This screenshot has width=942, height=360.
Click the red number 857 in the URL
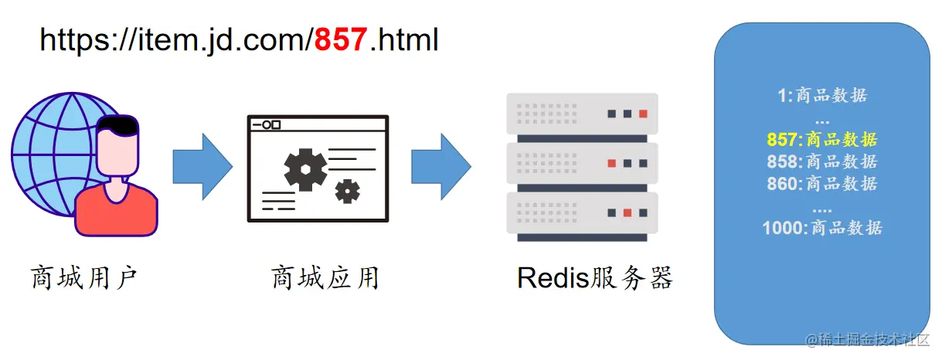pyautogui.click(x=341, y=39)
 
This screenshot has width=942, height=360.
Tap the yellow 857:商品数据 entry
pyautogui.click(x=821, y=140)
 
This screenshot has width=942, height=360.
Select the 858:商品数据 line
pyautogui.click(x=821, y=161)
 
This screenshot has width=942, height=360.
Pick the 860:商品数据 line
pyautogui.click(x=821, y=184)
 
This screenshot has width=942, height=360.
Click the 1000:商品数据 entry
pyautogui.click(x=821, y=228)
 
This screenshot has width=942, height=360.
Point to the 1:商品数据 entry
pyautogui.click(x=821, y=96)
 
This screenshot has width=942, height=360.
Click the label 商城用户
pyautogui.click(x=84, y=277)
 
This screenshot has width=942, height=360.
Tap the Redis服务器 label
pyautogui.click(x=594, y=277)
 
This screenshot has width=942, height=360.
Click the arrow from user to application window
pyautogui.click(x=202, y=165)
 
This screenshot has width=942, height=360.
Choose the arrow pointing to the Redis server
pyautogui.click(x=440, y=165)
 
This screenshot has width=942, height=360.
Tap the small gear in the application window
pyautogui.click(x=347, y=190)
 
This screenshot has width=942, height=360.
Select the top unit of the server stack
pyautogui.click(x=581, y=114)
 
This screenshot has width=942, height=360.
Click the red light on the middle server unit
pyautogui.click(x=611, y=163)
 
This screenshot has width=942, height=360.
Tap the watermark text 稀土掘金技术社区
pyautogui.click(x=871, y=340)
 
